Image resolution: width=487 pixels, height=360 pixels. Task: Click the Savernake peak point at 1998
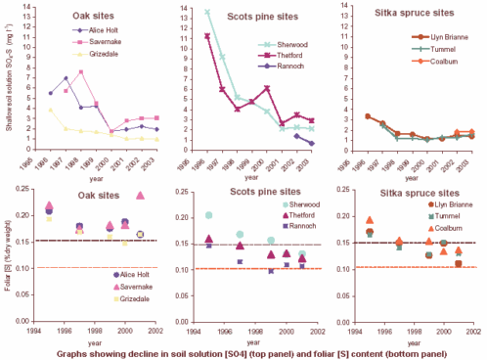click(x=82, y=71)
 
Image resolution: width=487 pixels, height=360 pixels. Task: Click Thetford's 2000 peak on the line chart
click(x=267, y=88)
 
